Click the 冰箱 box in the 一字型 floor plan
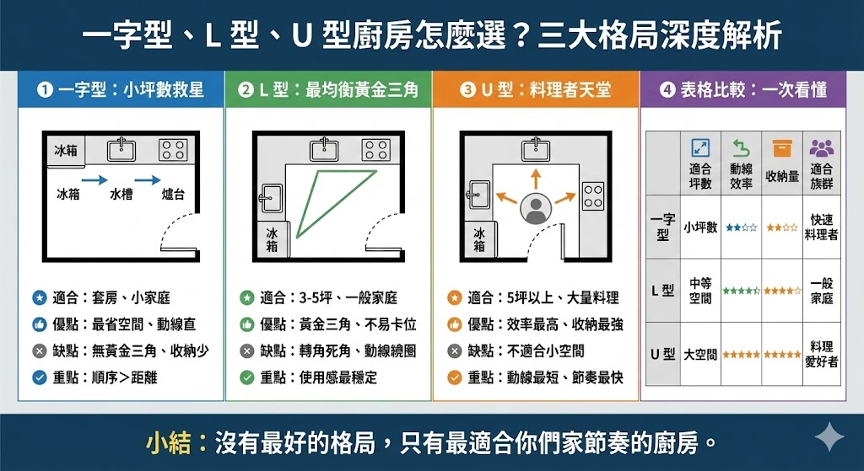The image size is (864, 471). tap(65, 151)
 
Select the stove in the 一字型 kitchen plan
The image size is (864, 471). tap(173, 151)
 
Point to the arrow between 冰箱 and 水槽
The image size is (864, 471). tap(94, 179)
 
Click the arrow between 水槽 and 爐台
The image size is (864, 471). tap(148, 179)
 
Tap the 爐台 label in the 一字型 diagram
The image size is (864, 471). tap(173, 195)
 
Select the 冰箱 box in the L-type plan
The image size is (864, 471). tap(272, 239)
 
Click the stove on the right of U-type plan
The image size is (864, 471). tap(593, 195)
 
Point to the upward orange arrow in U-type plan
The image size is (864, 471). tap(535, 179)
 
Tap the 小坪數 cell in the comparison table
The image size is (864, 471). tap(700, 227)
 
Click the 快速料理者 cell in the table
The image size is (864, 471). tap(821, 227)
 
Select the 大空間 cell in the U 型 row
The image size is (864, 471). tap(700, 355)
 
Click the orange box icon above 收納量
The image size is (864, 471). tap(782, 148)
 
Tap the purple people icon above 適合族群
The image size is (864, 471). tap(821, 148)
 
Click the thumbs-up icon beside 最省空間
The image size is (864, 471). tap(38, 324)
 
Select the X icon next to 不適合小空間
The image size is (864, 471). tap(454, 351)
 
